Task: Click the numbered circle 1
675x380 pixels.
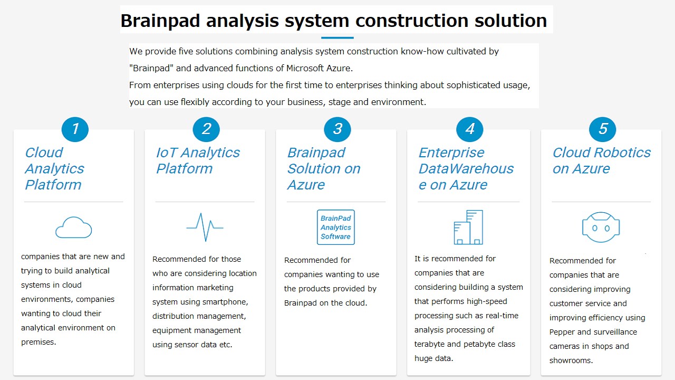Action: [x=75, y=129]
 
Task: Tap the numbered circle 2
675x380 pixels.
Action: [x=206, y=129]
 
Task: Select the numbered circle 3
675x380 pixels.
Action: [x=337, y=129]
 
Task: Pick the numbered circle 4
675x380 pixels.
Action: [x=470, y=129]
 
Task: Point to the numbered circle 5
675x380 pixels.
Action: [x=603, y=129]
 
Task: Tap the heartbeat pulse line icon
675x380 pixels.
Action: [x=205, y=227]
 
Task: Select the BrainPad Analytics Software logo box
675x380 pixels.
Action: [x=336, y=227]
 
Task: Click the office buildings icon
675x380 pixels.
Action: [x=469, y=227]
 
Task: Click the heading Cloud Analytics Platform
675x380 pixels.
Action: [x=54, y=168]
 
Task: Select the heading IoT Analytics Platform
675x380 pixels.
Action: [x=198, y=160]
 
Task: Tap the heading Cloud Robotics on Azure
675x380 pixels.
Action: [x=602, y=160]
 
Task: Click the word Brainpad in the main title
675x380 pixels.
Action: [x=160, y=21]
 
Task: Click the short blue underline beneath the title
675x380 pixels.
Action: [x=337, y=37]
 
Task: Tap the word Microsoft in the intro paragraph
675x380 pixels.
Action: [x=305, y=68]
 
